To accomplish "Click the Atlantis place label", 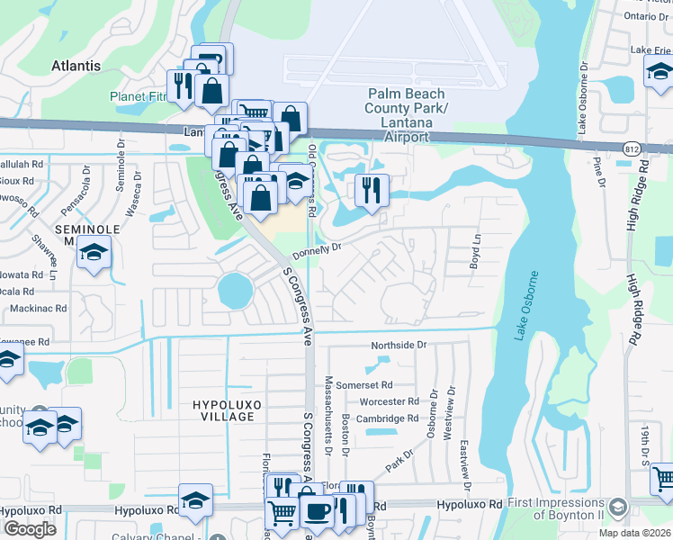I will [x=76, y=66].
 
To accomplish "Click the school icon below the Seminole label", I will [x=93, y=256].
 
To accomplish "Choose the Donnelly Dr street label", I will [x=318, y=251].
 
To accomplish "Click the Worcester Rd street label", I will [x=389, y=401].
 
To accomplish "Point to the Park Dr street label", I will [x=399, y=459].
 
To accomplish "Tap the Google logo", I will [x=30, y=529].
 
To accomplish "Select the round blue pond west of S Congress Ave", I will [x=235, y=291].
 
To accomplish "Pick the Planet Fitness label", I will [x=139, y=96].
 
